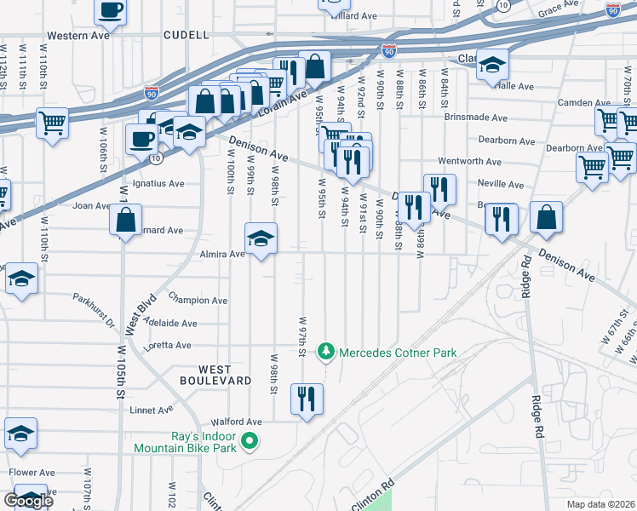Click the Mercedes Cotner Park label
click(398, 353)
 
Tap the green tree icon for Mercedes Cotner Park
click(324, 352)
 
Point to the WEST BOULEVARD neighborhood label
click(212, 375)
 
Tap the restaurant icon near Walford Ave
click(307, 399)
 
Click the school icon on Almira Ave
click(261, 238)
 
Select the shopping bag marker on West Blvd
click(125, 221)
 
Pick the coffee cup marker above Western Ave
click(109, 11)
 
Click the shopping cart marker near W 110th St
click(52, 123)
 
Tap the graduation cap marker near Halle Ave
click(492, 65)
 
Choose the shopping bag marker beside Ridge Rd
click(545, 217)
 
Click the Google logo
click(28, 501)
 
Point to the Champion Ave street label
click(198, 301)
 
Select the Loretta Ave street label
click(171, 345)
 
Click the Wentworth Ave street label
click(469, 161)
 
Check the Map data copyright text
click(600, 503)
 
